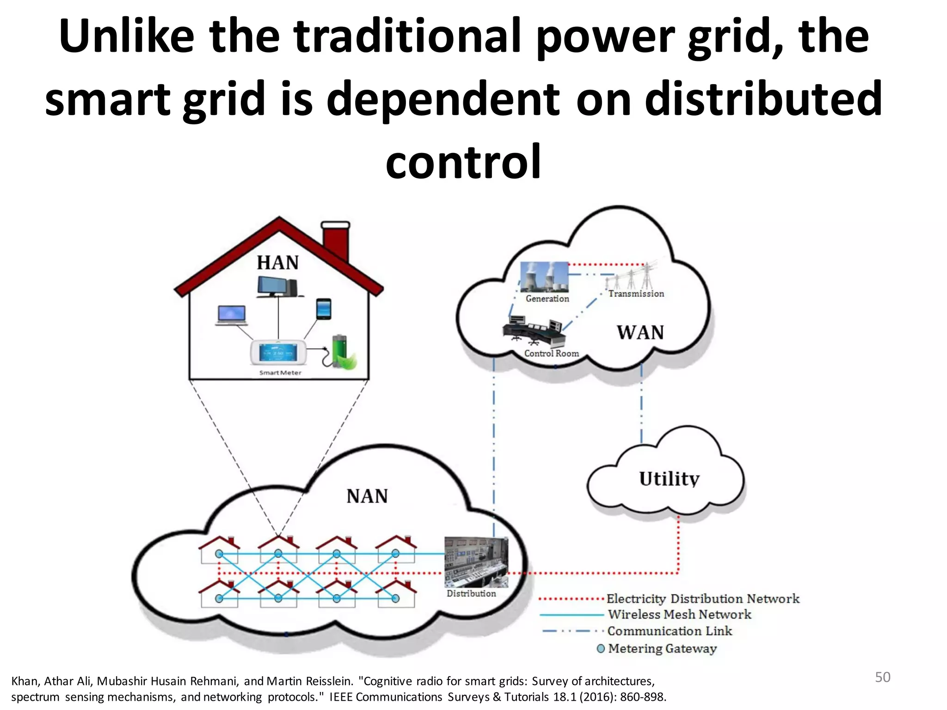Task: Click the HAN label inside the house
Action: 278,263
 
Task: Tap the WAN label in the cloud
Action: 640,332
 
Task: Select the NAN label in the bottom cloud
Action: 367,496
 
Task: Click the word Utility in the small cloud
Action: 669,479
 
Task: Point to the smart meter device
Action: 278,354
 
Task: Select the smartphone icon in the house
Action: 324,309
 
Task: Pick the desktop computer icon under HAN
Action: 277,287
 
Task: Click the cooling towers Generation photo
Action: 544,276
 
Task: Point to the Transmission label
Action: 636,294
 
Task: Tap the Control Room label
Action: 551,353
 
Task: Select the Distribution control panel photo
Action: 476,562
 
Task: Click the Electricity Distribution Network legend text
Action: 702,599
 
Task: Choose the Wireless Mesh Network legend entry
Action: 679,614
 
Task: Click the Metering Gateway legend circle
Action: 601,649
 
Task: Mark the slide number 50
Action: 882,677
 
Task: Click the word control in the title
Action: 463,161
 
